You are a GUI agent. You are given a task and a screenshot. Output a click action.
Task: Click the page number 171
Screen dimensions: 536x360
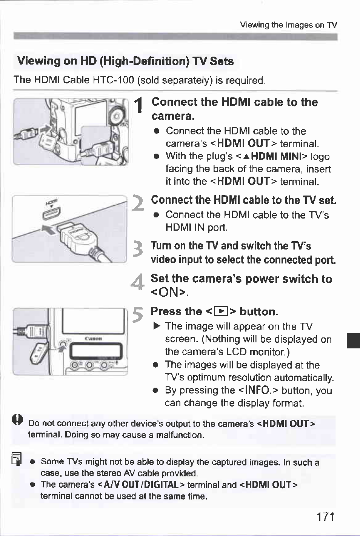tap(326, 516)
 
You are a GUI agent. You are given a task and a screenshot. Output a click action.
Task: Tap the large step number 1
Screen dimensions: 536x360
tap(139, 105)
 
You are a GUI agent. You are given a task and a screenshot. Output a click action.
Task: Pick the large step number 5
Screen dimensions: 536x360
tap(138, 315)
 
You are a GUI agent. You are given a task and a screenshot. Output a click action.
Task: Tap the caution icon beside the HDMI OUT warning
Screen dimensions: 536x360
tap(18, 419)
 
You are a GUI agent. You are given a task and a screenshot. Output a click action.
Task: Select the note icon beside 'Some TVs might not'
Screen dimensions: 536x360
tap(17, 459)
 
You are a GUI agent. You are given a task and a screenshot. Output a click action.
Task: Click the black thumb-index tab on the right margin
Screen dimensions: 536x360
tap(354, 340)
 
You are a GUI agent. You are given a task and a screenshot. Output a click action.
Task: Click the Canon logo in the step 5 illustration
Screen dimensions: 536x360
tap(94, 339)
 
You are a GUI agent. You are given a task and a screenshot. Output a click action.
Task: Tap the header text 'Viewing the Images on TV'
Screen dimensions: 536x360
tap(288, 25)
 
